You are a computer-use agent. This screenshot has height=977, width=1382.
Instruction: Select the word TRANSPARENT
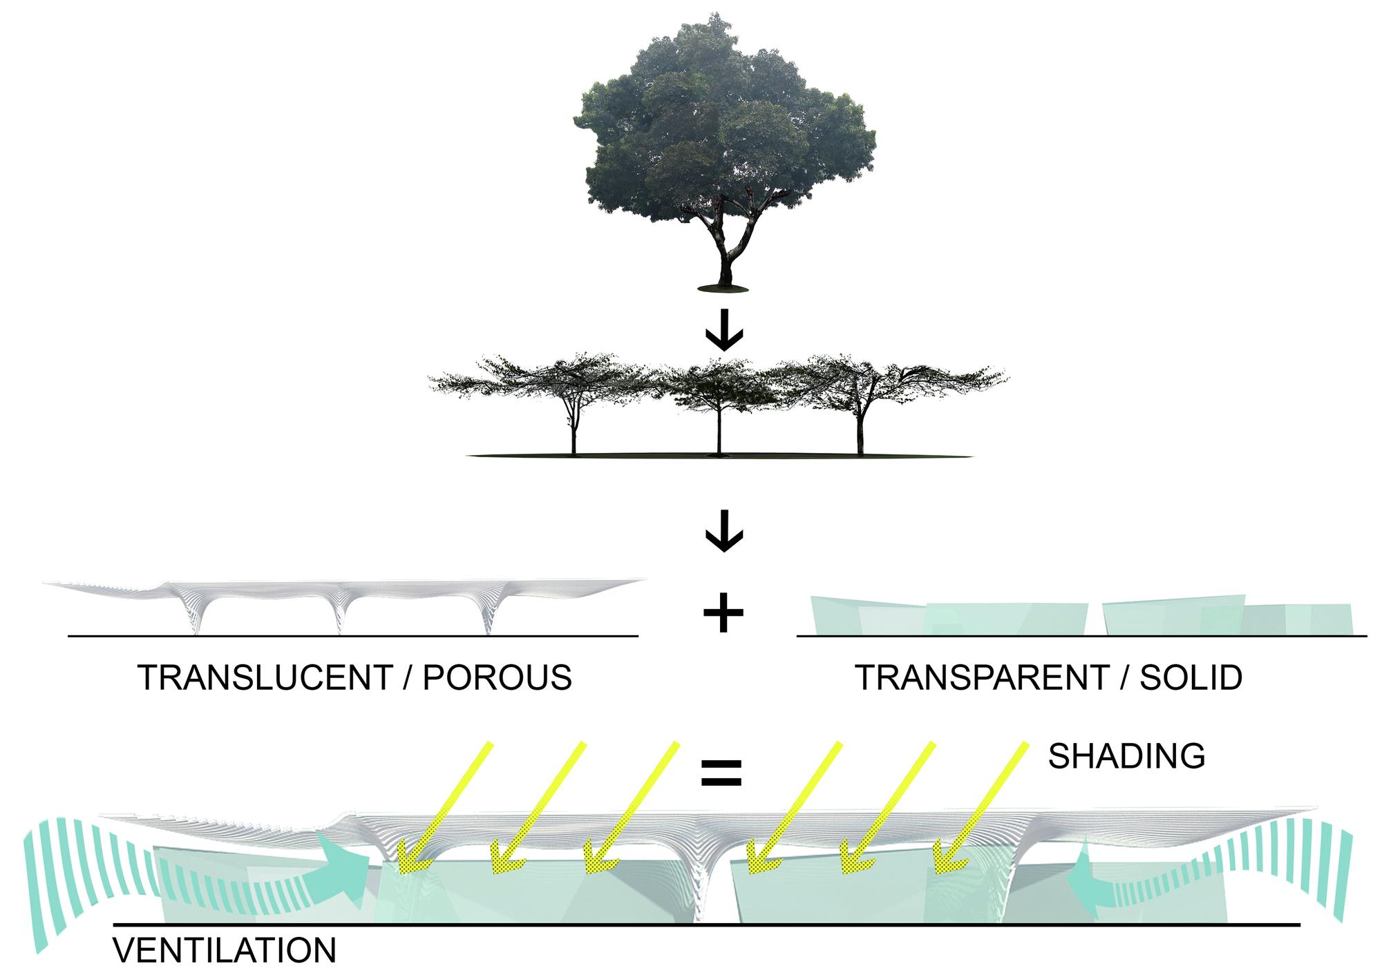click(x=981, y=678)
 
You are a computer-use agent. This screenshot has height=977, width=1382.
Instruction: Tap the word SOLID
click(x=1191, y=678)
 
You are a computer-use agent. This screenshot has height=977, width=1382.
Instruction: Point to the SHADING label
click(x=1126, y=756)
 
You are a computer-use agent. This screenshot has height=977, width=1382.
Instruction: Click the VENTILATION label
click(x=225, y=951)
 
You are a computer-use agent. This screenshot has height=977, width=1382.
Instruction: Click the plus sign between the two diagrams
click(x=723, y=612)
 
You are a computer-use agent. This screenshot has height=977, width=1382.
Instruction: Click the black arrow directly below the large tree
click(x=723, y=333)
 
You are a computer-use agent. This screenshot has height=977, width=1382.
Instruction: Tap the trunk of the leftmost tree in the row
click(x=574, y=432)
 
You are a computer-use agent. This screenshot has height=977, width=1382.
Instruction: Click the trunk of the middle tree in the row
click(x=719, y=432)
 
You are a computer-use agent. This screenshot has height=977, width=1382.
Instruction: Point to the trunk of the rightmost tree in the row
click(x=860, y=432)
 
